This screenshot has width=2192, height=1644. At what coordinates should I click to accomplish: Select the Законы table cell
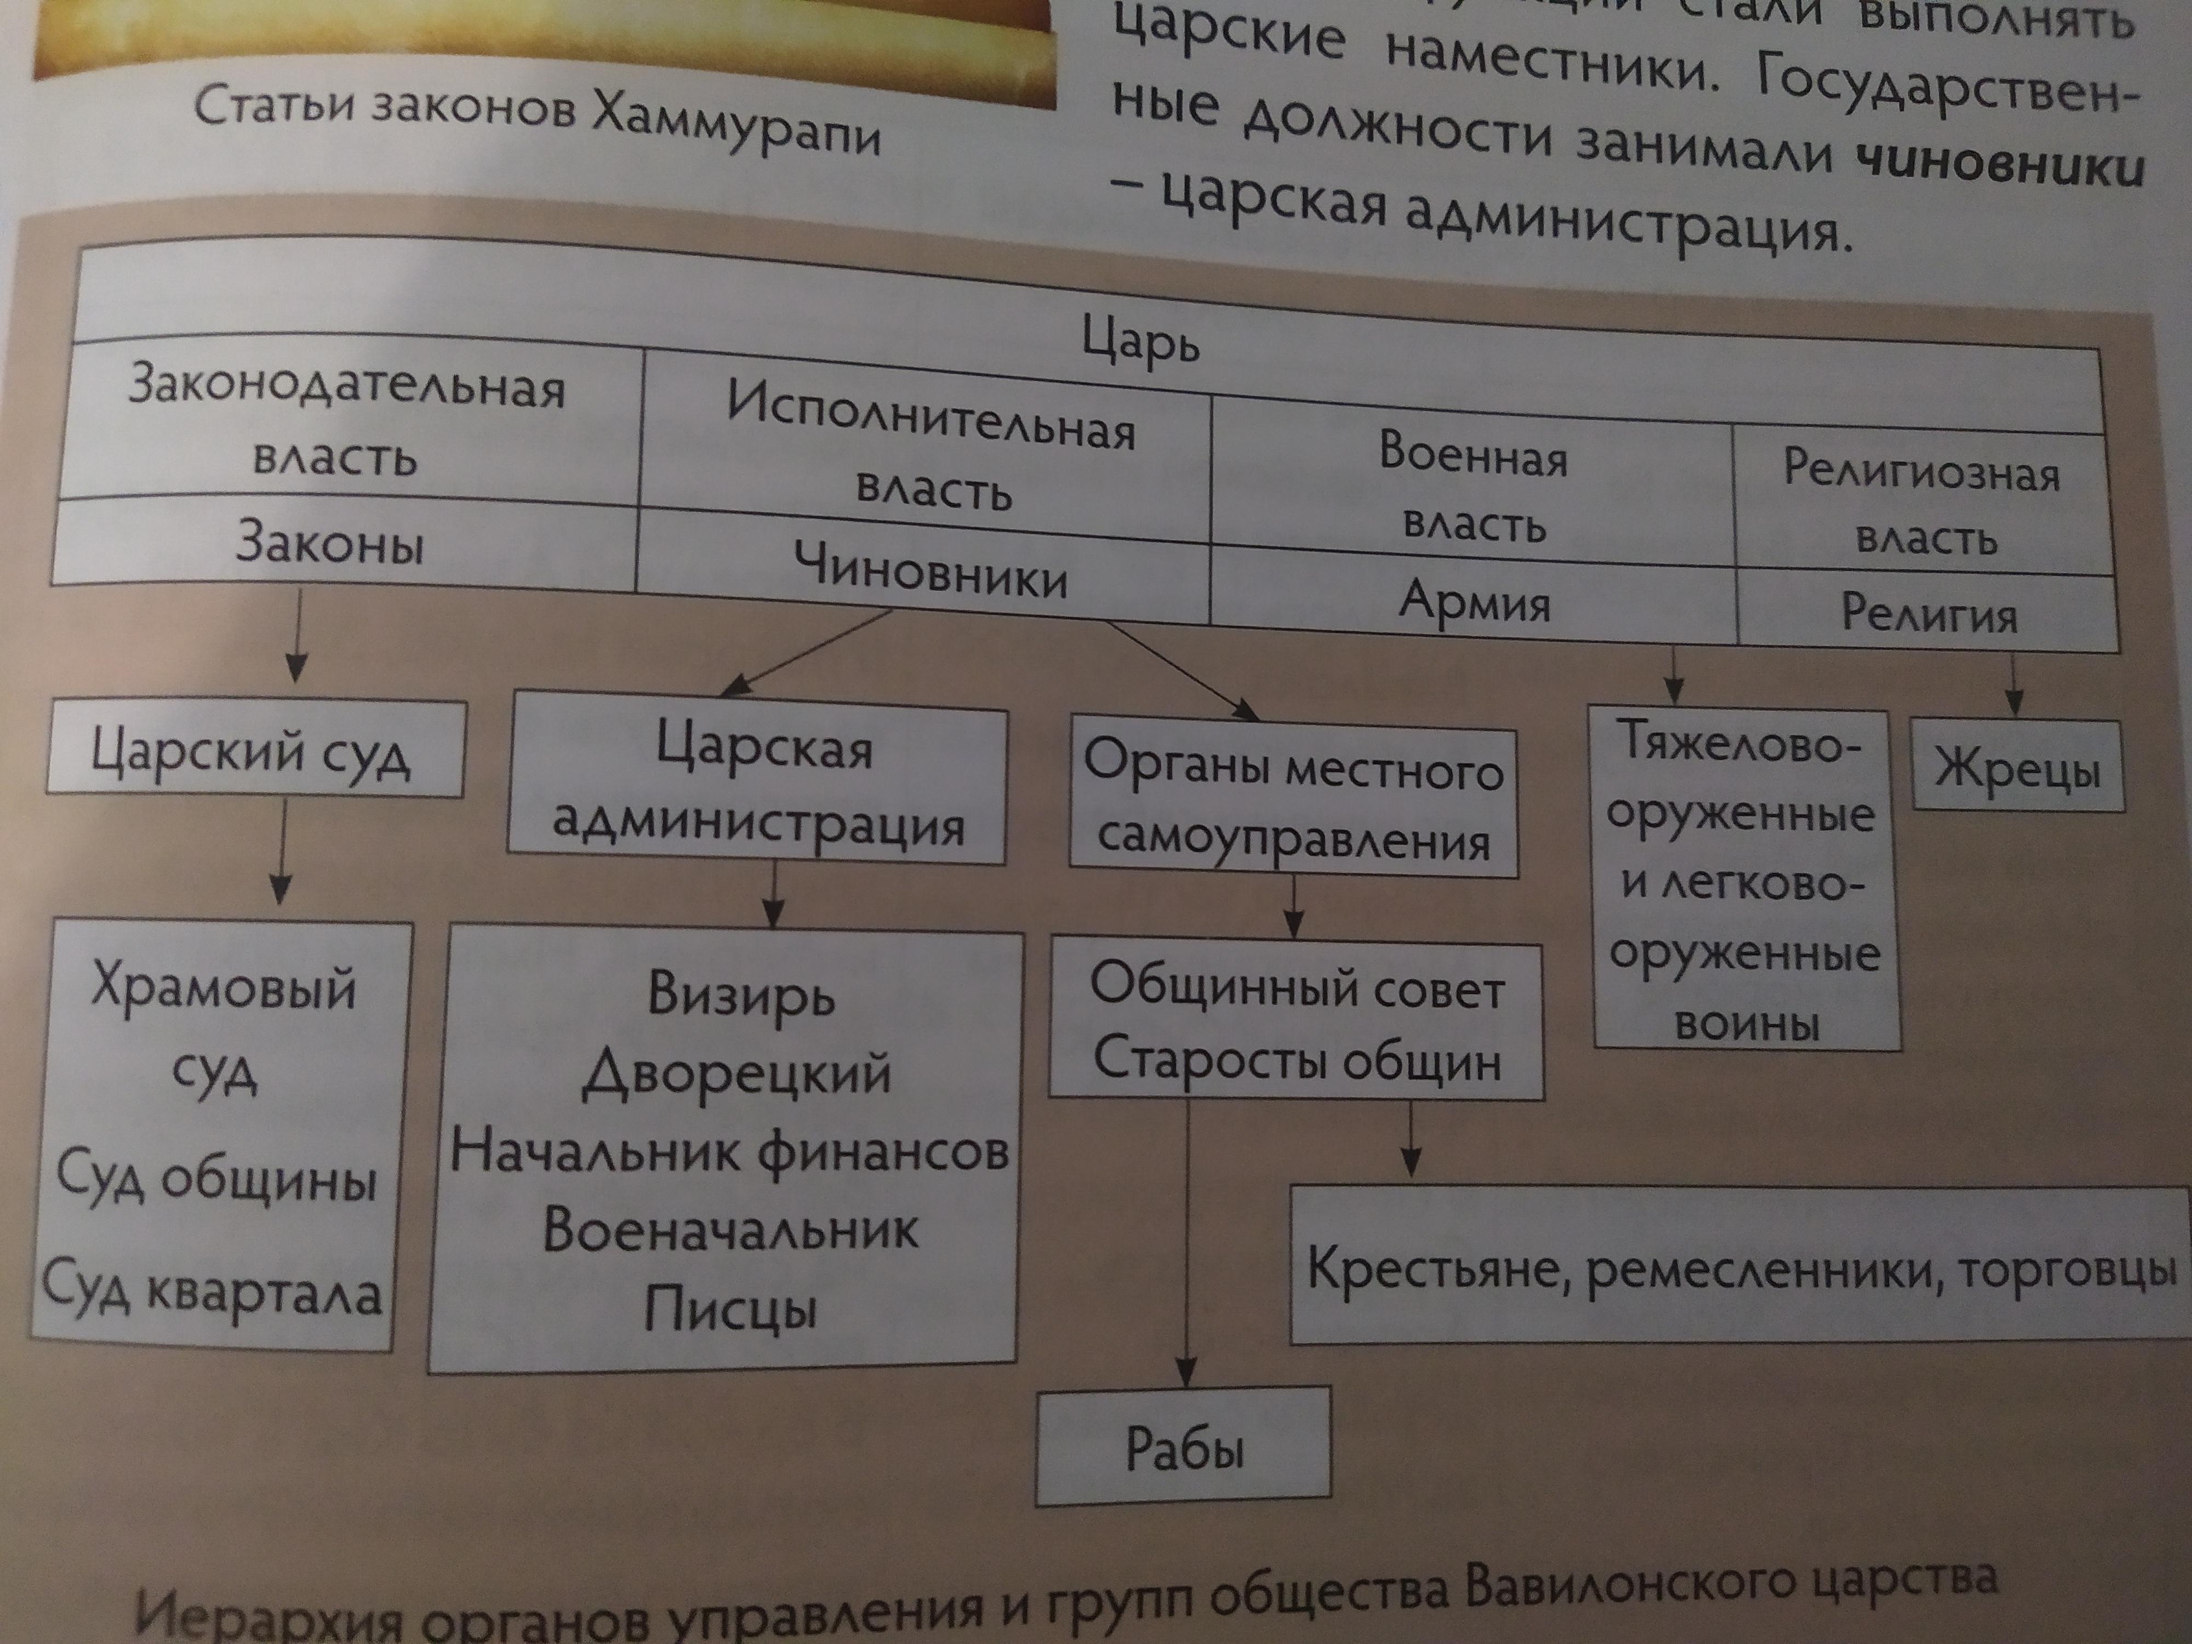click(329, 545)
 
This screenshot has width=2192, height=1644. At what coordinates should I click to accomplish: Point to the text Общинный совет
click(1296, 987)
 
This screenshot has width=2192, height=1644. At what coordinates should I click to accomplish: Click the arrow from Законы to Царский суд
click(296, 634)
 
